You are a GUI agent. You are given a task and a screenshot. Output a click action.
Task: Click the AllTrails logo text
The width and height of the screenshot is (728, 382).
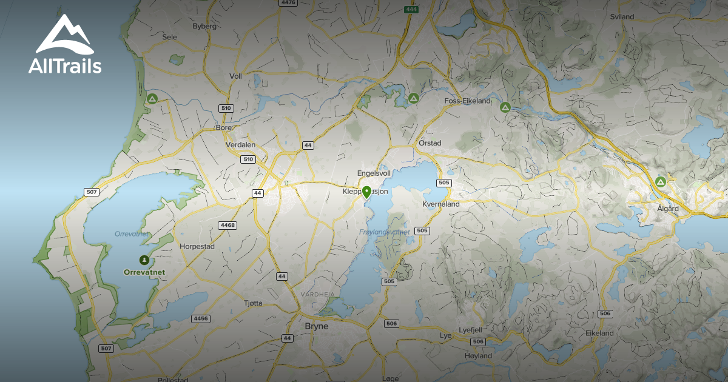pos(65,66)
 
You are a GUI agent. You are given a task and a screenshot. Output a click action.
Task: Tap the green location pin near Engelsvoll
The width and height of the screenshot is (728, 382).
pos(366,192)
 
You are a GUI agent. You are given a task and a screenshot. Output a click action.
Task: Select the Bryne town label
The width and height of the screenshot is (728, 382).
pos(316,326)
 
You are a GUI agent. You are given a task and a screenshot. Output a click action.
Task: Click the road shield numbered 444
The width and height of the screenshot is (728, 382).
pos(411,9)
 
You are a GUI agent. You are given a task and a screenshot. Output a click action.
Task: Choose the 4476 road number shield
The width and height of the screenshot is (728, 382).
pos(288,2)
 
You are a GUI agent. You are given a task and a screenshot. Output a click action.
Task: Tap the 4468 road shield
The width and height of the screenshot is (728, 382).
pos(227,225)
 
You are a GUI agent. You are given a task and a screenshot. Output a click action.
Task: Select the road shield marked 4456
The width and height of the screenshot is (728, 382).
pos(200,318)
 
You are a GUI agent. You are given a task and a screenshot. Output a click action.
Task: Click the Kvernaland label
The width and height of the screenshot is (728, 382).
pos(441,204)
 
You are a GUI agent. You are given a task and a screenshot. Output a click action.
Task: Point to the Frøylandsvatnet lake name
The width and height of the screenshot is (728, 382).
pos(385,232)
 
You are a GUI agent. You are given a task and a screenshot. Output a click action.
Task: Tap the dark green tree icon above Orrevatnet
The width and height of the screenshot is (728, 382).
pos(144,260)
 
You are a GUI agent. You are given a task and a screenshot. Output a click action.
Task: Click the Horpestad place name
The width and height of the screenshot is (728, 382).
pos(197,247)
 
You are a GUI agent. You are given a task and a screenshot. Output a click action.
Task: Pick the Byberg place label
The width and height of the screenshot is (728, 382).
pos(204,26)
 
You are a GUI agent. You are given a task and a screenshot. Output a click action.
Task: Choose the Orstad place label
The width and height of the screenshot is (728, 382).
pos(430,143)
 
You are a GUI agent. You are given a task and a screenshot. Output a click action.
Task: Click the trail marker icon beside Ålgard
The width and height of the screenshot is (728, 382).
pos(661,181)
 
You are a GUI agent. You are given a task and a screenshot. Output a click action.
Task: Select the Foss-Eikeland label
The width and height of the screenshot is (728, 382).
pos(467,101)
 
